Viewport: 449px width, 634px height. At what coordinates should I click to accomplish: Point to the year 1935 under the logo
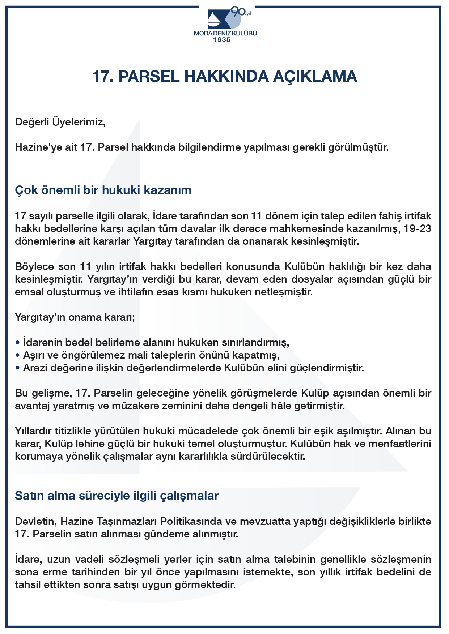pyautogui.click(x=222, y=40)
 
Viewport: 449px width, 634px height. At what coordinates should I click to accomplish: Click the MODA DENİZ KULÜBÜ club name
pyautogui.click(x=225, y=33)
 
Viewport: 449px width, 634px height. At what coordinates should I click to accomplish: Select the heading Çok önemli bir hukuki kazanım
pyautogui.click(x=103, y=190)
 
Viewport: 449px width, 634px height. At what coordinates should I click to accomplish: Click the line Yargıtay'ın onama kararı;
pyautogui.click(x=75, y=317)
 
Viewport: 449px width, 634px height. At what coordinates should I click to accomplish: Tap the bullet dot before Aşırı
pyautogui.click(x=17, y=356)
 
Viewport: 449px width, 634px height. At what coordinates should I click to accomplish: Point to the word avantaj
pyautogui.click(x=33, y=406)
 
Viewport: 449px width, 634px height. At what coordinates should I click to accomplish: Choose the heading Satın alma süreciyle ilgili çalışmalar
pyautogui.click(x=117, y=496)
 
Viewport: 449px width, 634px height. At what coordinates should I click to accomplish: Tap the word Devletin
pyautogui.click(x=36, y=522)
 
